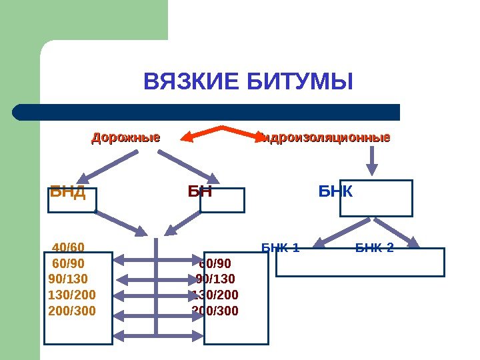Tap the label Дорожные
click(x=125, y=139)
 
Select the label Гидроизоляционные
click(x=325, y=139)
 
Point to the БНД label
click(x=67, y=193)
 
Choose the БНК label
click(x=335, y=192)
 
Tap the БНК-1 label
click(x=280, y=249)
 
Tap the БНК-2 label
click(x=374, y=249)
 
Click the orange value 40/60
click(x=68, y=248)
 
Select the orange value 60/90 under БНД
click(x=68, y=263)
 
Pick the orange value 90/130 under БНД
click(x=68, y=279)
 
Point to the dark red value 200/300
click(x=215, y=311)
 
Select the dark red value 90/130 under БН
click(x=215, y=279)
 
